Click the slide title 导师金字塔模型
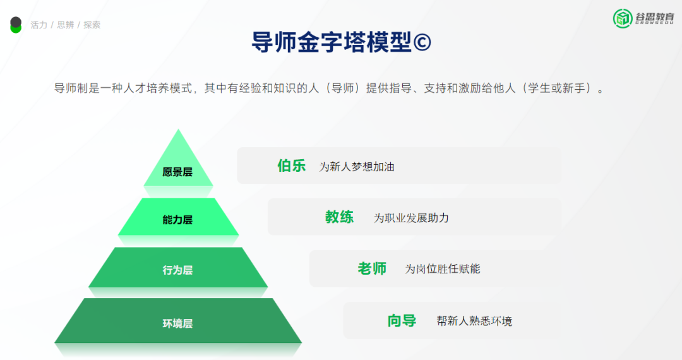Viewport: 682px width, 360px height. click(x=331, y=42)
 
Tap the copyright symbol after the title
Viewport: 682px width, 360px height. click(x=422, y=43)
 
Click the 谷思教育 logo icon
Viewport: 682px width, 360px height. click(x=623, y=18)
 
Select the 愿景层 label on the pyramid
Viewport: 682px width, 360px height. click(x=177, y=172)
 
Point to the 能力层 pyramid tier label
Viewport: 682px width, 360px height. click(x=177, y=220)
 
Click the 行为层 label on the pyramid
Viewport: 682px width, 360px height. click(x=177, y=270)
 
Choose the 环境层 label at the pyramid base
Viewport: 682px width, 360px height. click(x=177, y=323)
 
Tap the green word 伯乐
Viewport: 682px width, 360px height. click(x=291, y=166)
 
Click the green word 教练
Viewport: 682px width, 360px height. click(x=339, y=217)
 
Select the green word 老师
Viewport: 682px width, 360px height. click(x=372, y=268)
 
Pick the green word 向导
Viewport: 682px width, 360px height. click(x=402, y=321)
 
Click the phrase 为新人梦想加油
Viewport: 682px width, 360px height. click(x=356, y=167)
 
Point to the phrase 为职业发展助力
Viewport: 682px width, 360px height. click(x=411, y=218)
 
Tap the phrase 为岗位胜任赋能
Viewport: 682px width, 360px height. click(x=442, y=269)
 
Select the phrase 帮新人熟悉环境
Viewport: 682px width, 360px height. click(x=474, y=321)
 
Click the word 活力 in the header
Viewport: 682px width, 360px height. click(x=39, y=25)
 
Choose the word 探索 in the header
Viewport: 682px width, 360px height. click(x=92, y=25)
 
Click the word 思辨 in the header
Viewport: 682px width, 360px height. click(x=65, y=25)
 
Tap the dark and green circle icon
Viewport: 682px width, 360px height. click(x=16, y=25)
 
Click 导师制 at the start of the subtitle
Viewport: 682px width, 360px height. click(x=69, y=88)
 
